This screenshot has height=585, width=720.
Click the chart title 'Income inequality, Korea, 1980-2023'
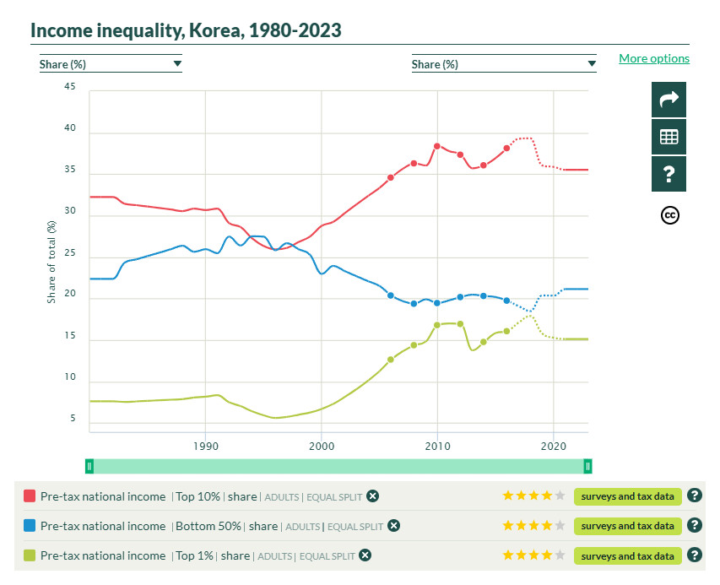pos(186,30)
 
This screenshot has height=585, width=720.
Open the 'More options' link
pos(653,58)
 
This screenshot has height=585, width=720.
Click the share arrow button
pos(669,100)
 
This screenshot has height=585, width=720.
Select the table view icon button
pos(669,137)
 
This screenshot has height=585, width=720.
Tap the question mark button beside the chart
pos(669,174)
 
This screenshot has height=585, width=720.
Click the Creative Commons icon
pos(669,215)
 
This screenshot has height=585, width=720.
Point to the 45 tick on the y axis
pos(70,86)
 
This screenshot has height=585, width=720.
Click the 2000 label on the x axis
pos(321,446)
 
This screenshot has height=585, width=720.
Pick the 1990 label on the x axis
pos(205,446)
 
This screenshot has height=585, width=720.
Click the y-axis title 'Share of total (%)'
pos(51,262)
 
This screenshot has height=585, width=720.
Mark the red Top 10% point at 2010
pos(437,146)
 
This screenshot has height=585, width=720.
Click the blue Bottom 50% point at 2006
pos(391,295)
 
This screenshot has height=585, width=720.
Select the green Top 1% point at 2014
pos(484,342)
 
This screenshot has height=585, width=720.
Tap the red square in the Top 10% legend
pos(30,496)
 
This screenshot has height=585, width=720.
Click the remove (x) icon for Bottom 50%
pos(393,526)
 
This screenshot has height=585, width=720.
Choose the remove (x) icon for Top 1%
pos(365,555)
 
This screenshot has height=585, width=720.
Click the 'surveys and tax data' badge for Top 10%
pos(627,496)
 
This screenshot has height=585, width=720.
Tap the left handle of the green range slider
pos(89,466)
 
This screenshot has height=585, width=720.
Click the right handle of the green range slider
pos(587,466)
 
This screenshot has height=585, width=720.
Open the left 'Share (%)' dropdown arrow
pos(177,63)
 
